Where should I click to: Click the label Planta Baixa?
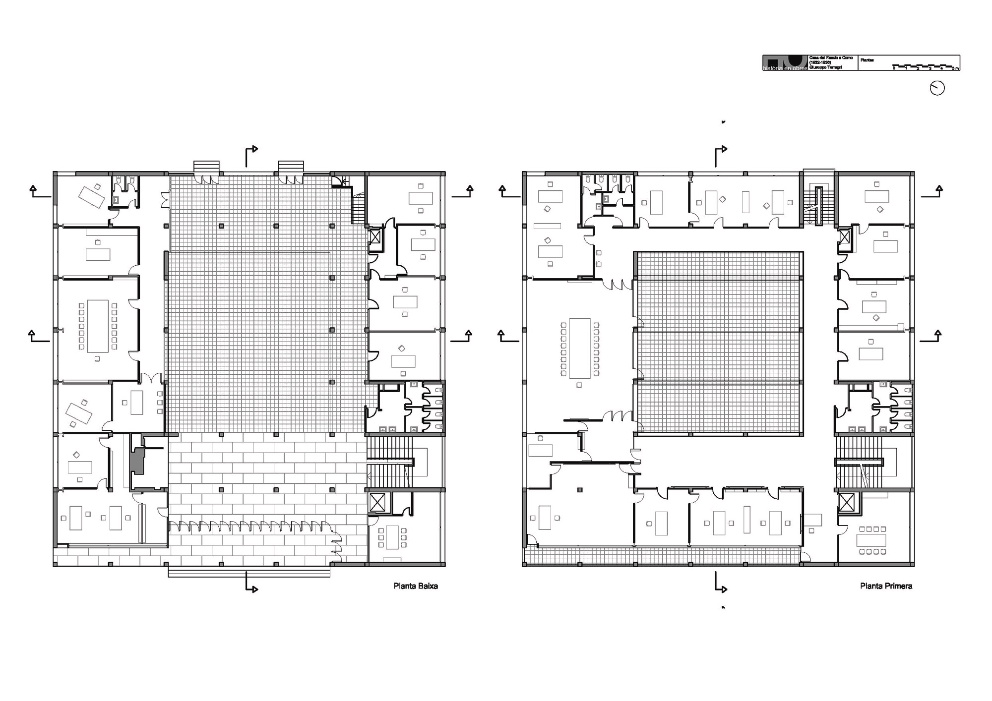(x=416, y=586)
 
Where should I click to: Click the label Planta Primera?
(x=886, y=586)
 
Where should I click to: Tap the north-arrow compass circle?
(x=937, y=88)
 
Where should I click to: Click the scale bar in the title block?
(x=925, y=66)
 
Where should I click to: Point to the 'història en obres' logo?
(x=785, y=63)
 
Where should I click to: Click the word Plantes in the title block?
(x=867, y=59)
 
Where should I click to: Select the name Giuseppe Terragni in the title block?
(x=826, y=67)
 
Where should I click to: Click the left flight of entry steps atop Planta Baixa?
(x=206, y=166)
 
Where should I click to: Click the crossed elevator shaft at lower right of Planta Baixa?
(x=377, y=502)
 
